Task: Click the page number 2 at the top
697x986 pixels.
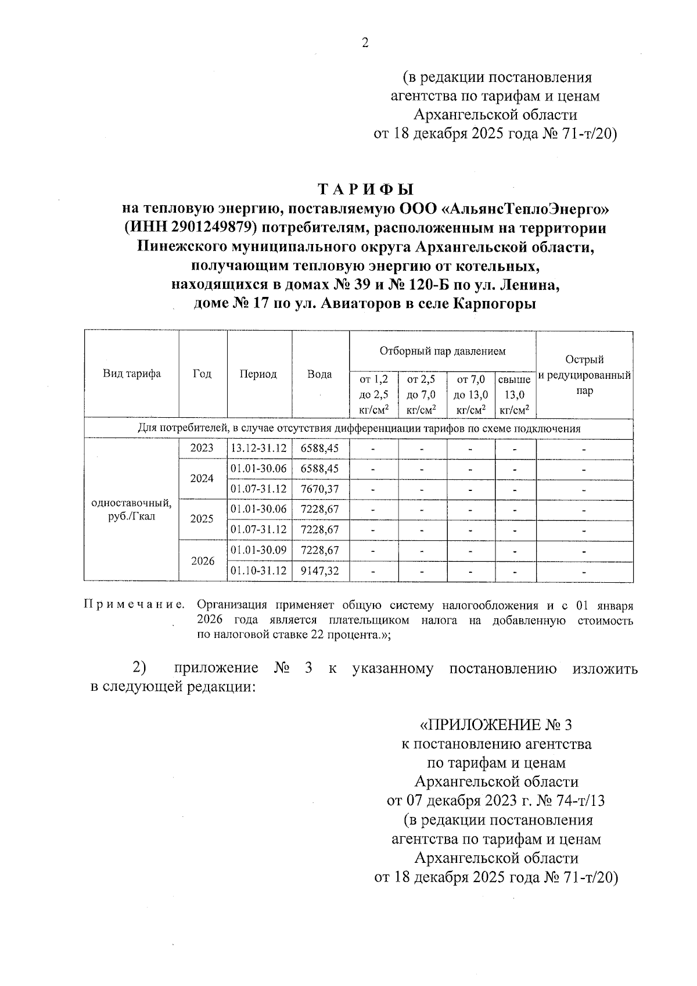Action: click(365, 42)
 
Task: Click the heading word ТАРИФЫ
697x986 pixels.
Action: click(365, 190)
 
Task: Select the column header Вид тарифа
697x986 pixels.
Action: click(132, 374)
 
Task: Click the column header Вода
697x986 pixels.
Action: click(319, 374)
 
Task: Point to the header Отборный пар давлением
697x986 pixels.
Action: click(442, 351)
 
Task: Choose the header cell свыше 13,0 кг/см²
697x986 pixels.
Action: click(515, 395)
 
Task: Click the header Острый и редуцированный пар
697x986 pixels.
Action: click(584, 375)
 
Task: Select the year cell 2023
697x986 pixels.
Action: click(202, 449)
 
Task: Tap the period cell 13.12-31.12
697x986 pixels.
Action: click(258, 449)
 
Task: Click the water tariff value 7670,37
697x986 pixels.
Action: click(319, 490)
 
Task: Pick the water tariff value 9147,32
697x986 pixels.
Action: click(319, 571)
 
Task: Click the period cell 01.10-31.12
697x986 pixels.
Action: click(258, 571)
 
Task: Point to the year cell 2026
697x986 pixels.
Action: click(202, 561)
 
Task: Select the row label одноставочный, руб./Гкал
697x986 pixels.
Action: click(132, 510)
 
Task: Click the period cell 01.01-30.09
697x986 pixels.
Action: click(258, 550)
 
